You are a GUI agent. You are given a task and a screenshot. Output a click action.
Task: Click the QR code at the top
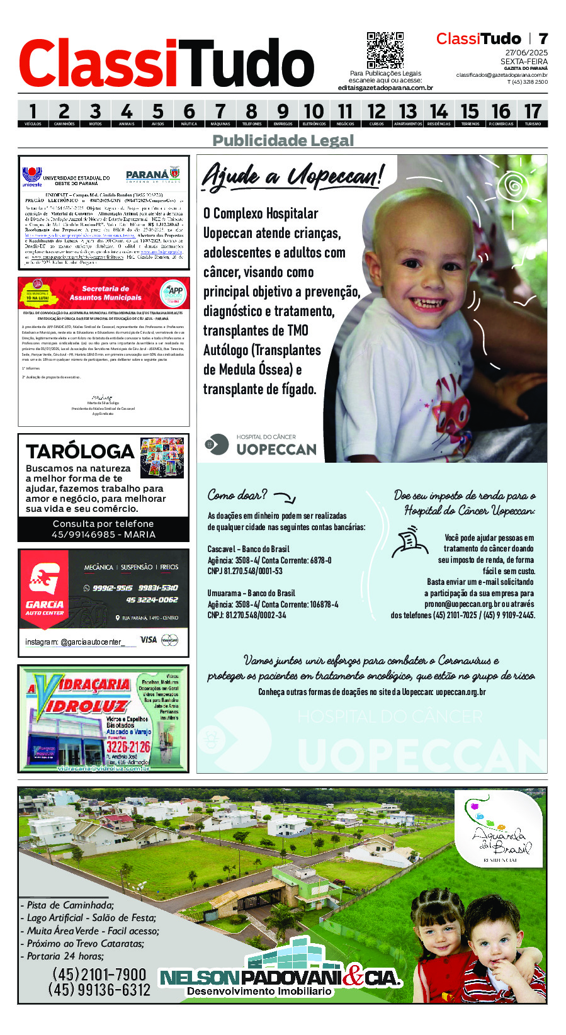tap(385, 50)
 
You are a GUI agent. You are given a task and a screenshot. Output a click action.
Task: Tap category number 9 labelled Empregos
tap(283, 114)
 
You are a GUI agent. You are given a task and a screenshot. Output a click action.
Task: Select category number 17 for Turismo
tap(533, 114)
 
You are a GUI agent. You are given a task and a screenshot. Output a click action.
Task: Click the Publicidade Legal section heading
tap(283, 140)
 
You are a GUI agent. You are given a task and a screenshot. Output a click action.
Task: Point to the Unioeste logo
tap(31, 176)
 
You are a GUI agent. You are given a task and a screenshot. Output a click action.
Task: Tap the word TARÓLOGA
tap(80, 451)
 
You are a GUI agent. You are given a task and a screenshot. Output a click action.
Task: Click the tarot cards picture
tap(162, 458)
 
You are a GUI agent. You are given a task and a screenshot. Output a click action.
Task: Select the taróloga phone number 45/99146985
tap(103, 534)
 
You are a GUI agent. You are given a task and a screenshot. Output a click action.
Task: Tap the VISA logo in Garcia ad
tap(149, 640)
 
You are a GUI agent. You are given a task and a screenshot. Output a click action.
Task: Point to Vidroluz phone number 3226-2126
tap(128, 747)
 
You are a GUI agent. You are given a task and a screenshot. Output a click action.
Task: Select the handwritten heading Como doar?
tap(237, 495)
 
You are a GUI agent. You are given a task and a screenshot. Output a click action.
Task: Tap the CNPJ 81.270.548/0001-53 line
tap(245, 571)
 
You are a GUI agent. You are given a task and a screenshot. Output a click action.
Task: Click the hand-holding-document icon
tap(410, 543)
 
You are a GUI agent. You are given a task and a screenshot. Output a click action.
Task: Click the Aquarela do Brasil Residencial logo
tap(499, 830)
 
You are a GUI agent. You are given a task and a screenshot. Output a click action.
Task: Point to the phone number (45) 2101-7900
tap(99, 974)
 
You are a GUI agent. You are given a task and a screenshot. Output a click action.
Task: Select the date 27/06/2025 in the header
tap(526, 52)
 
